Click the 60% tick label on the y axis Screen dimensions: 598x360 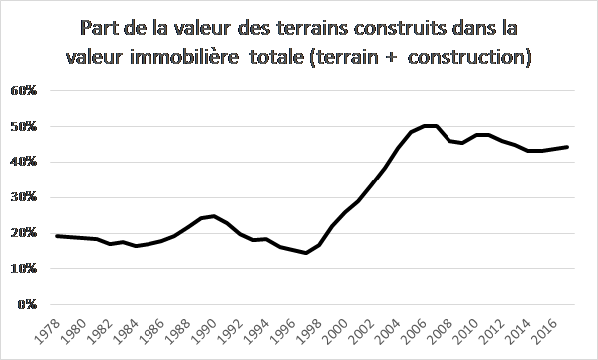coord(24,91)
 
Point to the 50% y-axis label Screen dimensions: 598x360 coord(24,127)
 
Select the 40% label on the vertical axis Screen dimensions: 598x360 coord(24,162)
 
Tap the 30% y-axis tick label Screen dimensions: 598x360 coord(24,197)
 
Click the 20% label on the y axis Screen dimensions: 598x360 coord(24,233)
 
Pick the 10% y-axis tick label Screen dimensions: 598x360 coord(24,269)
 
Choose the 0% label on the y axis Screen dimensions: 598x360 coord(27,304)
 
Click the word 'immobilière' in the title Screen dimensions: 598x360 coord(184,57)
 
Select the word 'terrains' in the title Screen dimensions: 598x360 coord(311,28)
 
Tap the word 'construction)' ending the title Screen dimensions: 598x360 coord(469,58)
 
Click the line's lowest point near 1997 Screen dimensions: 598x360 coord(306,253)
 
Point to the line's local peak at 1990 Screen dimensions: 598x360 coord(214,216)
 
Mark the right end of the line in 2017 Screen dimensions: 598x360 coord(567,147)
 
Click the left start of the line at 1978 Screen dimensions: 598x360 coord(57,236)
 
